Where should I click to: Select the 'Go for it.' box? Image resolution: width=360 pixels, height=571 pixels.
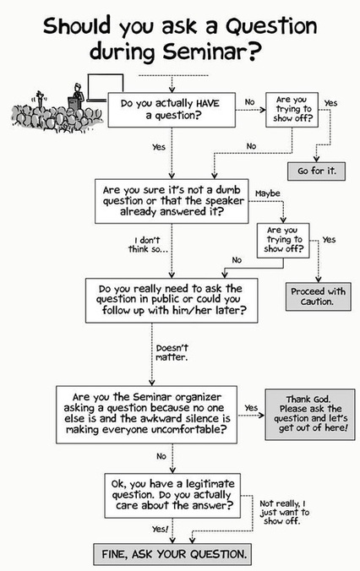[x=316, y=171]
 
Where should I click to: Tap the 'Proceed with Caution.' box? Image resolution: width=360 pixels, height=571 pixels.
[x=318, y=296]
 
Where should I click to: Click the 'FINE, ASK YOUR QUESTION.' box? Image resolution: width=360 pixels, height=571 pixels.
[x=172, y=554]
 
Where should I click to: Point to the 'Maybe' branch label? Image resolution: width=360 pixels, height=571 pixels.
[x=267, y=193]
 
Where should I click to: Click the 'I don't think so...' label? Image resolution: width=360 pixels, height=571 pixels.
[x=144, y=245]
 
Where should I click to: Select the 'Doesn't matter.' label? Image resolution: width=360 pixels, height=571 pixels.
[x=172, y=352]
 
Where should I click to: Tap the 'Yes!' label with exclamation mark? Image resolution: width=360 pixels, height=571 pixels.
[x=161, y=529]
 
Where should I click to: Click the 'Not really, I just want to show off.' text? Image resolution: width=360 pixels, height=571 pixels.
[x=284, y=513]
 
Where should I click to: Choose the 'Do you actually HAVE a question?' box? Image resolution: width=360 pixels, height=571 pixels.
[x=172, y=110]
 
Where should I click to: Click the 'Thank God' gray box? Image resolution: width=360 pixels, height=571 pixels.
[x=309, y=415]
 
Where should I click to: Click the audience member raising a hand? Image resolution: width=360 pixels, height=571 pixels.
[x=40, y=101]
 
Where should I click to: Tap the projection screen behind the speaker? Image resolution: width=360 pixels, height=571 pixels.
[x=106, y=87]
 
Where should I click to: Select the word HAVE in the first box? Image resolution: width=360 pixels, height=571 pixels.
[x=208, y=103]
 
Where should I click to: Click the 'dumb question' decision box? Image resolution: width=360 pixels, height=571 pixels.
[x=172, y=201]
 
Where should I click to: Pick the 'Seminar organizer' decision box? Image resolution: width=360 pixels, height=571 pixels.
[x=146, y=415]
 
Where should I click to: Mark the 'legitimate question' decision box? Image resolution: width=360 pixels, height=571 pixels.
[x=172, y=496]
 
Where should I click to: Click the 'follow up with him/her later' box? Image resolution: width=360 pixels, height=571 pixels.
[x=172, y=301]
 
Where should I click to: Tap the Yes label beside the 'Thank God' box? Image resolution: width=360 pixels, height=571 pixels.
[x=251, y=408]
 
